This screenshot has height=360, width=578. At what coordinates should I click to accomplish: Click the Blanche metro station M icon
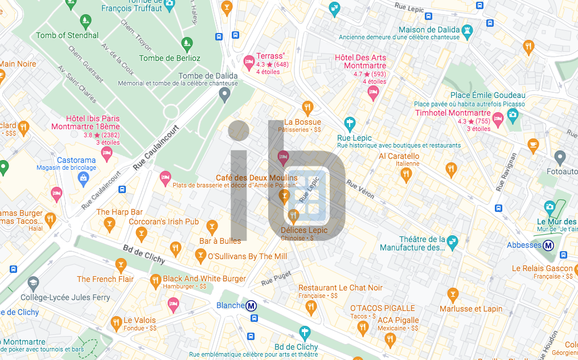251,306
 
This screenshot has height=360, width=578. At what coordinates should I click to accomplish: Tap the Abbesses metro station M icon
549,246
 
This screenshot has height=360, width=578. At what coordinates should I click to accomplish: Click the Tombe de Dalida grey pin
225,95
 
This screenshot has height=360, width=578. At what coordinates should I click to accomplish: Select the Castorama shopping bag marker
84,178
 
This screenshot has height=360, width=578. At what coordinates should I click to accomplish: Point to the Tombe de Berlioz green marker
186,44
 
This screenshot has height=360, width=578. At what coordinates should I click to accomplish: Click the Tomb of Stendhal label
67,35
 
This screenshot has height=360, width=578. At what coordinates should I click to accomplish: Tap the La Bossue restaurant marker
308,108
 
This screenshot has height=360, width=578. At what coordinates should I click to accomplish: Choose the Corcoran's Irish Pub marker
142,232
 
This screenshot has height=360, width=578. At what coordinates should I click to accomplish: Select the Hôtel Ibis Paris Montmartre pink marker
106,153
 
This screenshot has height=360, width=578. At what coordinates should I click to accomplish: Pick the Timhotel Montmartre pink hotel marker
498,119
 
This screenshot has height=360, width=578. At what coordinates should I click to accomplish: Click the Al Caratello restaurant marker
406,174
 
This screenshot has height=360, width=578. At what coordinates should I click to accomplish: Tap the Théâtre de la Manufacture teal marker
452,241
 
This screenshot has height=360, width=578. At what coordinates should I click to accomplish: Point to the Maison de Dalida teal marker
468,30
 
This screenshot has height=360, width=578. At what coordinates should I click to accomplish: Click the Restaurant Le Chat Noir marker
310,308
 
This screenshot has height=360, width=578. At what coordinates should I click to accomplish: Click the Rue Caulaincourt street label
156,148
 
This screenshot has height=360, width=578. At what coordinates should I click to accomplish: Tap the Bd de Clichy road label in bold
144,255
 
